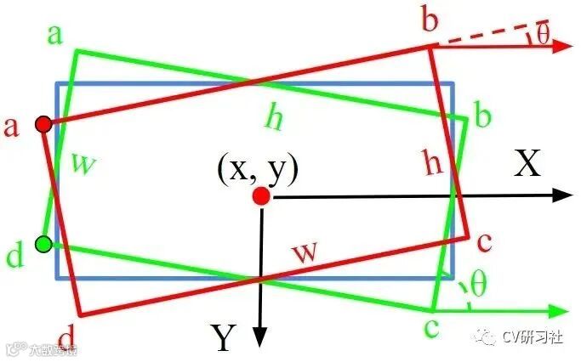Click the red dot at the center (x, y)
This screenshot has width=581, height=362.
(x=261, y=197)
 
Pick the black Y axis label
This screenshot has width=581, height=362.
(x=223, y=338)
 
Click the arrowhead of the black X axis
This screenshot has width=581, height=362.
(x=561, y=195)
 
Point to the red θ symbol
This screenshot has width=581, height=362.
(x=543, y=34)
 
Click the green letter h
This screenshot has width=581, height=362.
(x=273, y=119)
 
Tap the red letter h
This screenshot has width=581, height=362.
(x=433, y=163)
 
